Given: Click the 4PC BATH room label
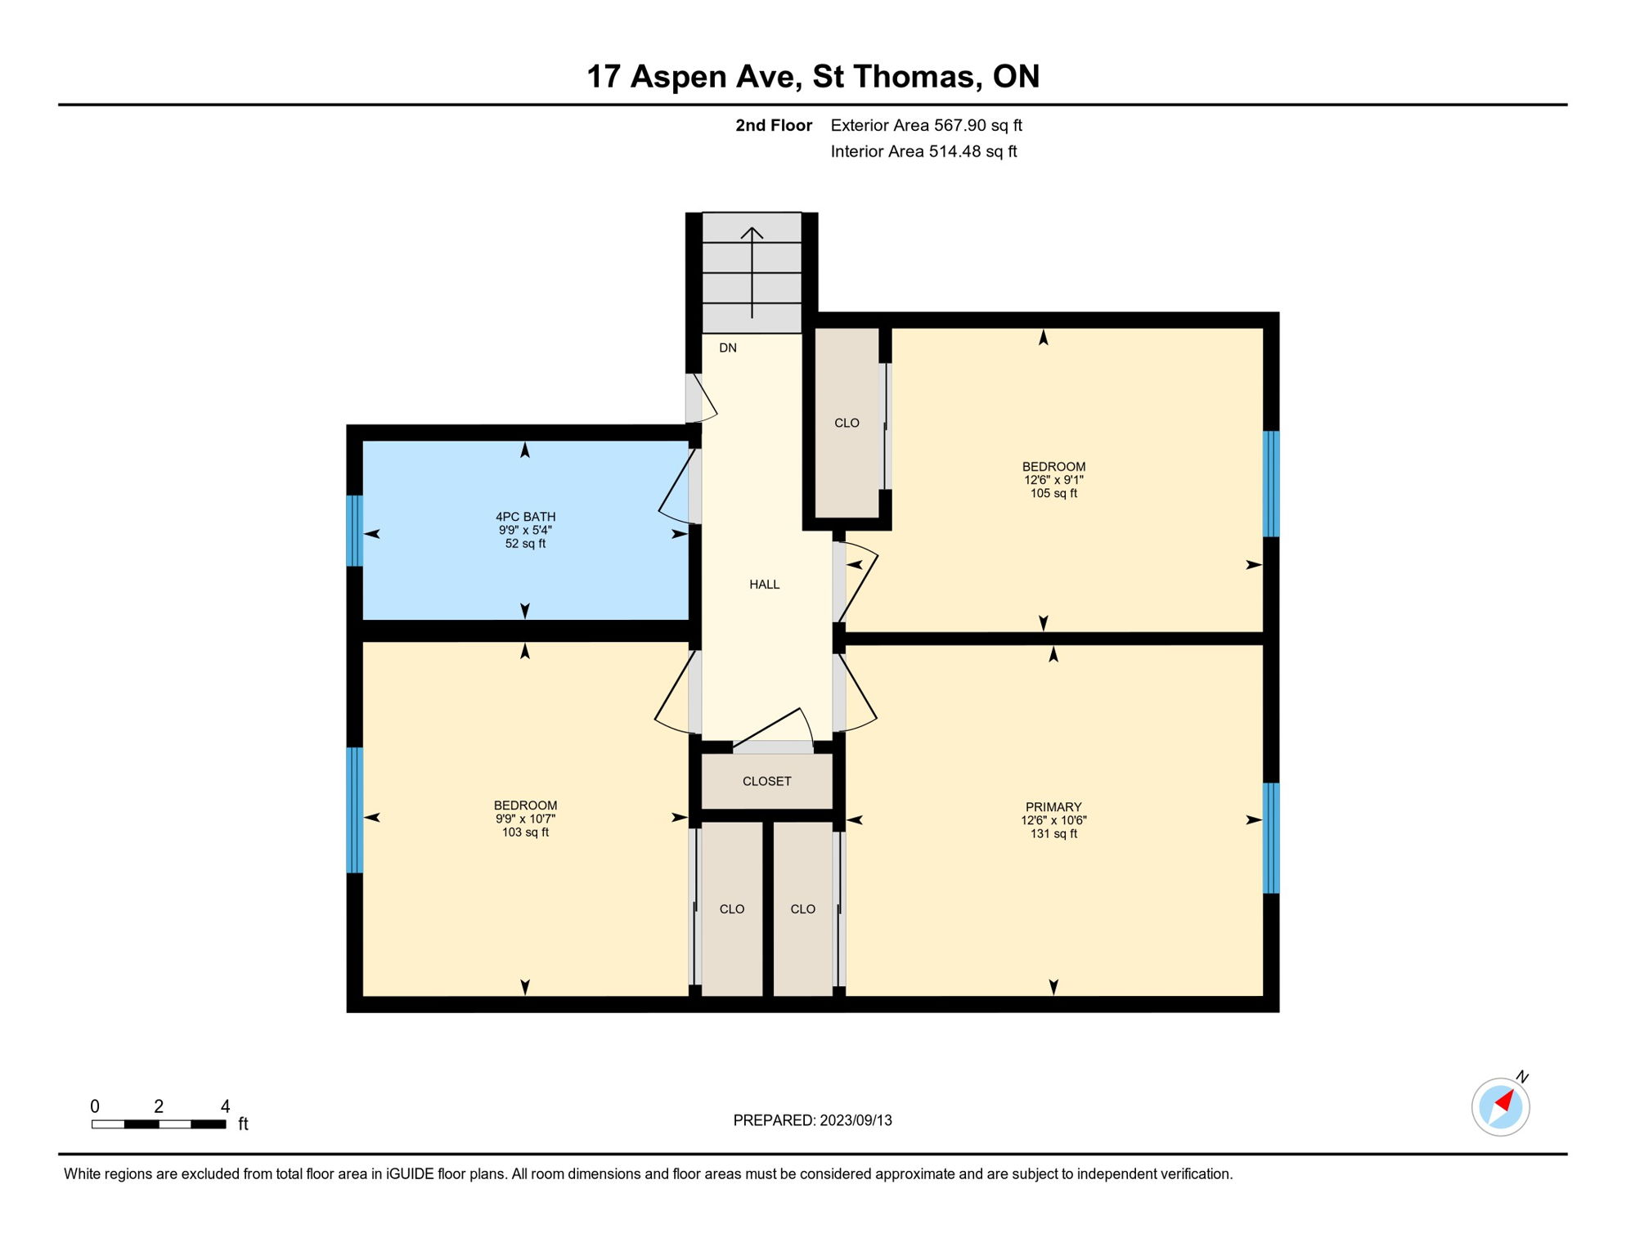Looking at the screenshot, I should [x=525, y=517].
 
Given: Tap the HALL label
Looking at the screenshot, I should [x=764, y=585].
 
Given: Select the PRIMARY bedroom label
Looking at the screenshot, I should [x=1053, y=807].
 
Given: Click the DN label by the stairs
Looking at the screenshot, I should [x=727, y=348].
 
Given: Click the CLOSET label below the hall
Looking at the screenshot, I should [x=766, y=782].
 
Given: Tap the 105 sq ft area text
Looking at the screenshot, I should [x=1053, y=494].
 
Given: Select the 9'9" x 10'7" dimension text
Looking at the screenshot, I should [x=525, y=819].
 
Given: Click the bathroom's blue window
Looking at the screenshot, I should [x=354, y=531].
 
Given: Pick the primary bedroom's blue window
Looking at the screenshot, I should [x=1270, y=837].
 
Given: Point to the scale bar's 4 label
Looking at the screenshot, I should [x=225, y=1107].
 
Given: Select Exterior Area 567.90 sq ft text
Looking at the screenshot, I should [x=926, y=126].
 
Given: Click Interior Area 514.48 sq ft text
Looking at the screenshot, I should [x=923, y=152].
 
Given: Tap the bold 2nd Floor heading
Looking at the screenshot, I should [x=773, y=126].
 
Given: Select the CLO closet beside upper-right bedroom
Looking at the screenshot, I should [x=847, y=424].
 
